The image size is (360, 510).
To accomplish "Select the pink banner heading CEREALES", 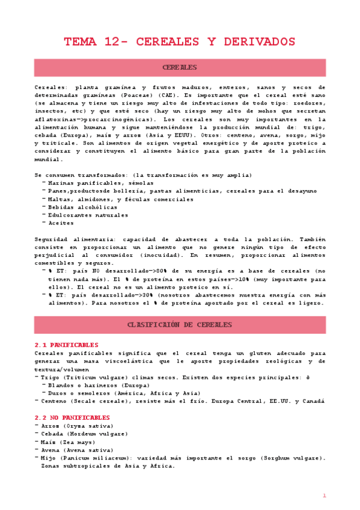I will point(180,67).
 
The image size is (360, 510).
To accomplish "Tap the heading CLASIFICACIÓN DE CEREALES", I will point(180,325).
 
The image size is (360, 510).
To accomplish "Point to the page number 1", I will point(324,496).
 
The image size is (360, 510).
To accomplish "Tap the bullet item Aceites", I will point(61,222).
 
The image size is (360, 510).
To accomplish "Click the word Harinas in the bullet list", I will point(61,183).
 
